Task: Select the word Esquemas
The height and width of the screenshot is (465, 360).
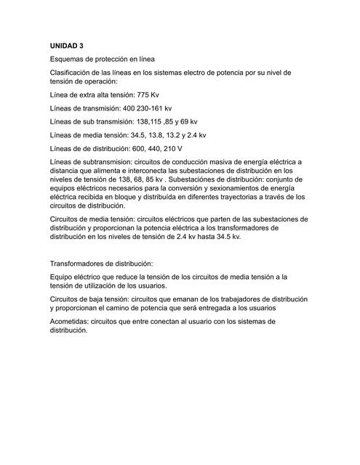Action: [x=70, y=58]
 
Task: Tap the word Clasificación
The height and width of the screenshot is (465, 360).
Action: [x=74, y=73]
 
